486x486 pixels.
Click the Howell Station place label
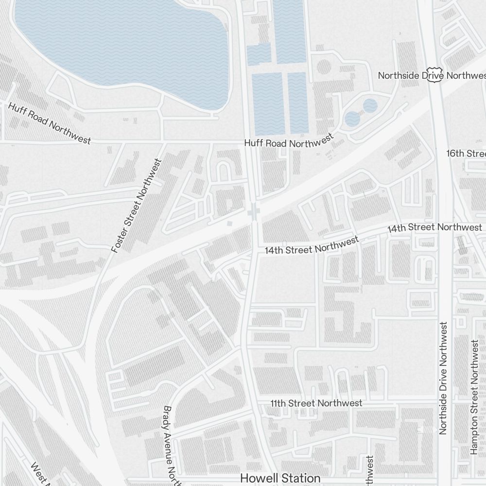(280, 478)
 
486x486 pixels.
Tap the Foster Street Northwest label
(136, 206)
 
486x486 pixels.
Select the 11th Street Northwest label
(316, 403)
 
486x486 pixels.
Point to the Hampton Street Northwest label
(474, 397)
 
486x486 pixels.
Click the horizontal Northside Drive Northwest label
(432, 76)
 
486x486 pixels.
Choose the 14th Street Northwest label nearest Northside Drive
(434, 227)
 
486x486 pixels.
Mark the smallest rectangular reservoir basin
(259, 54)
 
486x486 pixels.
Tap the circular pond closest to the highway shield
(370, 105)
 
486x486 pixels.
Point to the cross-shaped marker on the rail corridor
(253, 211)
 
